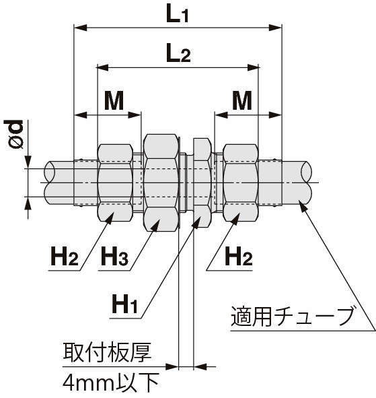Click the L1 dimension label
click(177, 15)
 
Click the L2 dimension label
click(178, 53)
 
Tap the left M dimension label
click(114, 100)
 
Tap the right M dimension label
click(242, 100)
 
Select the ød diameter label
click(13, 134)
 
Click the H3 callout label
click(114, 256)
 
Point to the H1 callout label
click(124, 304)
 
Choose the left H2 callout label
click(65, 256)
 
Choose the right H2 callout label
click(239, 256)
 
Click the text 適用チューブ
click(292, 316)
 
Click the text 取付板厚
click(107, 352)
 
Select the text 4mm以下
click(111, 383)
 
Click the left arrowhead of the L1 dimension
click(80, 28)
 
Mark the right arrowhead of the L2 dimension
click(254, 68)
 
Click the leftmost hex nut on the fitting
click(115, 183)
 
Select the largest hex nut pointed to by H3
click(161, 183)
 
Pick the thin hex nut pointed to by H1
click(202, 183)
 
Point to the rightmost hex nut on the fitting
click(240, 183)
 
